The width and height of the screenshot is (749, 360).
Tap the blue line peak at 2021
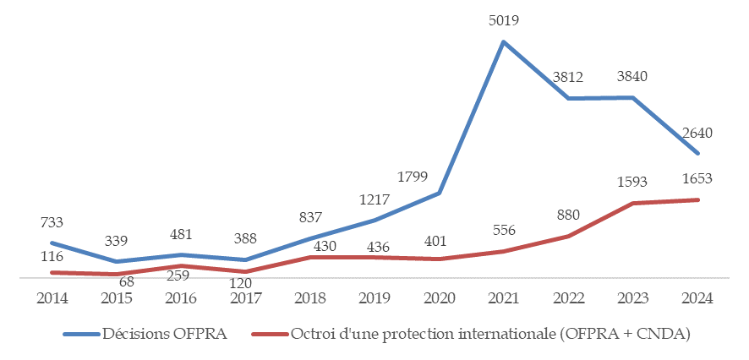coord(503,41)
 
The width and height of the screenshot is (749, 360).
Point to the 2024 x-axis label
coord(697,297)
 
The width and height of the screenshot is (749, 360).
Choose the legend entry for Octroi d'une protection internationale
coord(490,334)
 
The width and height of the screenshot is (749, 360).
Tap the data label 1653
coord(697,179)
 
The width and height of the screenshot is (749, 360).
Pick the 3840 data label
coord(632,76)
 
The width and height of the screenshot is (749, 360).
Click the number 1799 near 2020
coord(413,177)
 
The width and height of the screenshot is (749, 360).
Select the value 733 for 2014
coord(52,222)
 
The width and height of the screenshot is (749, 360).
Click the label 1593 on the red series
coord(632,181)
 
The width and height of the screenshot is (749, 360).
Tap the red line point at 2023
coord(632,203)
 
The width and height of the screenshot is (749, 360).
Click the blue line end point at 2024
coord(697,153)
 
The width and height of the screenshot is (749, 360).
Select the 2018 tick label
coord(309,297)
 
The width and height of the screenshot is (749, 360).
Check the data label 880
coord(566,215)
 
